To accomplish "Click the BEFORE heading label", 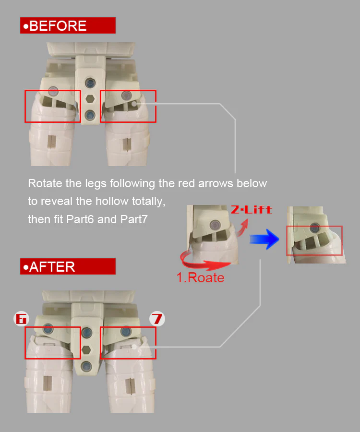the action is [x=68, y=25].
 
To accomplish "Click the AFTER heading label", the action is [x=68, y=266].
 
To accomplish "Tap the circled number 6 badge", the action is [x=21, y=319].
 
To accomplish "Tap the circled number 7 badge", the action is [x=157, y=319].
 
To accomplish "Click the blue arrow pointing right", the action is [x=264, y=239].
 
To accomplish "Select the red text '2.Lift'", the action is [x=252, y=210].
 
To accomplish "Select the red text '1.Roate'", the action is [x=200, y=277].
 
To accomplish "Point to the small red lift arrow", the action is [x=242, y=228].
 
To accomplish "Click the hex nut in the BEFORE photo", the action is [x=90, y=98].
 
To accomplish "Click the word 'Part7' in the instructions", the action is [x=134, y=219].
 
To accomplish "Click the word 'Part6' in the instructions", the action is [x=80, y=219].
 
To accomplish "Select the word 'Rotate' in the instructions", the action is [x=45, y=183].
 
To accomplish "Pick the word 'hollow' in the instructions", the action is [x=112, y=201].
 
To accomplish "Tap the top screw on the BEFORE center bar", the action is [x=90, y=83].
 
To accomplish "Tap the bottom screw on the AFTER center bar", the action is [x=86, y=367].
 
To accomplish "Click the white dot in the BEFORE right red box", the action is [x=134, y=104].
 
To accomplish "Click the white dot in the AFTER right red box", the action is [x=134, y=347].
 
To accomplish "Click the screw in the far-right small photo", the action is [x=314, y=228].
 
